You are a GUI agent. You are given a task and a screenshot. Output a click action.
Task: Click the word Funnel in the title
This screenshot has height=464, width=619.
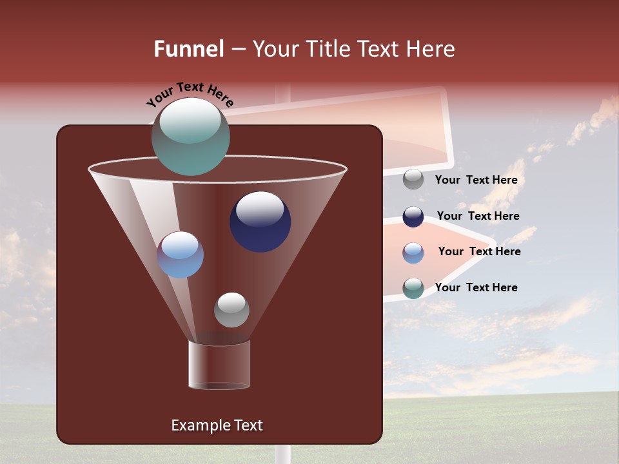[189, 49]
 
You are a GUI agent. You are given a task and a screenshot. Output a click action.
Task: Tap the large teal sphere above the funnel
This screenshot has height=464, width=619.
[191, 136]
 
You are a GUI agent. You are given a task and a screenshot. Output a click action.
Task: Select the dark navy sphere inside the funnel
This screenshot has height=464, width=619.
[260, 222]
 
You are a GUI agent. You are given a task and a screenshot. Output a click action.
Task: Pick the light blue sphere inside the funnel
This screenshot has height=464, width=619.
[181, 255]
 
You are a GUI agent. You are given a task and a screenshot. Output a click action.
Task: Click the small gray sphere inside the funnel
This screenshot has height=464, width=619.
[231, 310]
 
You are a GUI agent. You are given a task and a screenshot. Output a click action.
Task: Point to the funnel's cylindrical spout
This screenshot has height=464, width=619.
[219, 365]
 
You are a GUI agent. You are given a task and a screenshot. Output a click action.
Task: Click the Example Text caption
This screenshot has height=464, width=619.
[217, 425]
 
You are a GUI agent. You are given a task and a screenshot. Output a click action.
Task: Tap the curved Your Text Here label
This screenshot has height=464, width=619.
[190, 93]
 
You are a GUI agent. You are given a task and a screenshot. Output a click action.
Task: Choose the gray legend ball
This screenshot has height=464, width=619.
[413, 179]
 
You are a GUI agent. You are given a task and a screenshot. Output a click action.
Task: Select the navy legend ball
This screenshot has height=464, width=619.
[413, 217]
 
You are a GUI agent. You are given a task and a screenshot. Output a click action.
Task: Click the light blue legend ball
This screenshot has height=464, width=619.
[413, 252]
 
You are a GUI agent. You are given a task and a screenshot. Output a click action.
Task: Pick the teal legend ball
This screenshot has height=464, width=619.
[413, 288]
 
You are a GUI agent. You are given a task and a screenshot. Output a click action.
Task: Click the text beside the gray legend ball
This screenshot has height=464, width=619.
[476, 180]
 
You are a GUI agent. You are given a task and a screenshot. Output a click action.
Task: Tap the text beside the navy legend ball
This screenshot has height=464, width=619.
[478, 216]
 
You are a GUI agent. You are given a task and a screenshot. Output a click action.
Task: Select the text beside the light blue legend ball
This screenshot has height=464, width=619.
[479, 251]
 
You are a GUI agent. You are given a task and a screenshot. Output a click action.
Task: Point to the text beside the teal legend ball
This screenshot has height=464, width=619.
[476, 287]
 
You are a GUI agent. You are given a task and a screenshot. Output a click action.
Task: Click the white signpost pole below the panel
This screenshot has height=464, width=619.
[283, 454]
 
